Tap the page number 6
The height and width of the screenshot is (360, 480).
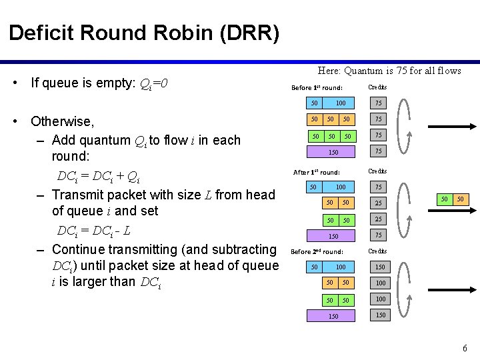click(465, 348)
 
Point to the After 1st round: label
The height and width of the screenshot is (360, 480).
click(317, 173)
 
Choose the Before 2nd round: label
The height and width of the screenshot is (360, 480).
click(317, 252)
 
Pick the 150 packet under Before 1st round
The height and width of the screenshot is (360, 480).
click(333, 152)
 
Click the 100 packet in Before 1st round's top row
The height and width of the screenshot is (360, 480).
click(341, 103)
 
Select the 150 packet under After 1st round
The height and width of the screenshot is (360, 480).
click(333, 236)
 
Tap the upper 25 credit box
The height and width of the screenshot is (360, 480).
click(378, 203)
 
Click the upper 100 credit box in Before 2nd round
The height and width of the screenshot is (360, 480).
click(380, 283)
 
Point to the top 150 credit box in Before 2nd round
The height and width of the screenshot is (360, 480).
click(380, 267)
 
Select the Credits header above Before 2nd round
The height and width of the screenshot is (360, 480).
click(377, 251)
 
